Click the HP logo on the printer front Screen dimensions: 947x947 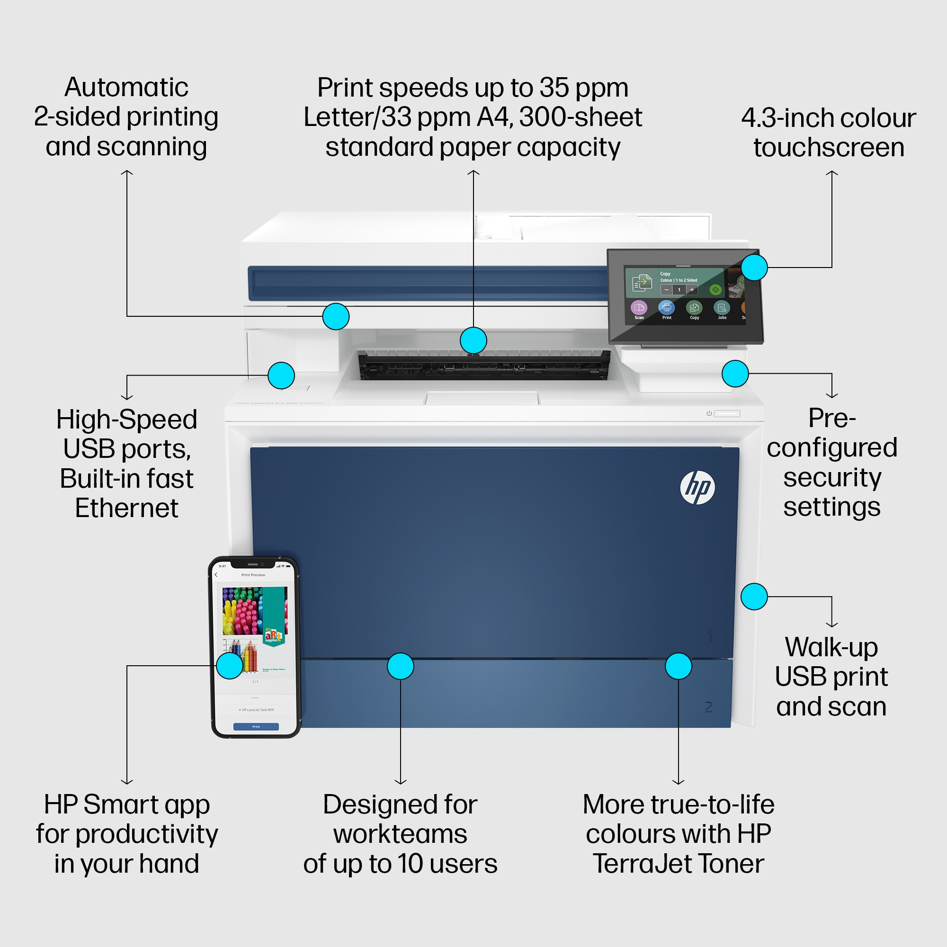(697, 487)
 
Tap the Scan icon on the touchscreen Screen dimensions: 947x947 (639, 308)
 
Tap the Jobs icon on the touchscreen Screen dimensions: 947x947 (722, 308)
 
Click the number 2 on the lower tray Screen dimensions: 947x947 (708, 707)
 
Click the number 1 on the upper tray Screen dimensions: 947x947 (710, 637)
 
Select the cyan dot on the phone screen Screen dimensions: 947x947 (229, 666)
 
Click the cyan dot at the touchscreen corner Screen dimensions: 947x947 (754, 267)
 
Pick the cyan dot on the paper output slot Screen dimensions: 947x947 (473, 340)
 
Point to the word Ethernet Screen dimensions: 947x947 (126, 508)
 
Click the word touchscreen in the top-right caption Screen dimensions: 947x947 (828, 148)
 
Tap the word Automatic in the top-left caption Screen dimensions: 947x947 (126, 88)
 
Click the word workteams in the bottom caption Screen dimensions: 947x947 (400, 834)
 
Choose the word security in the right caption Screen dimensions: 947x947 (832, 477)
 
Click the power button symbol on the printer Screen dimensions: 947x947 (709, 413)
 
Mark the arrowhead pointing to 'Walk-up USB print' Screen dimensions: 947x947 (832, 625)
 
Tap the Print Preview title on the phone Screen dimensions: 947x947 (253, 575)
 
